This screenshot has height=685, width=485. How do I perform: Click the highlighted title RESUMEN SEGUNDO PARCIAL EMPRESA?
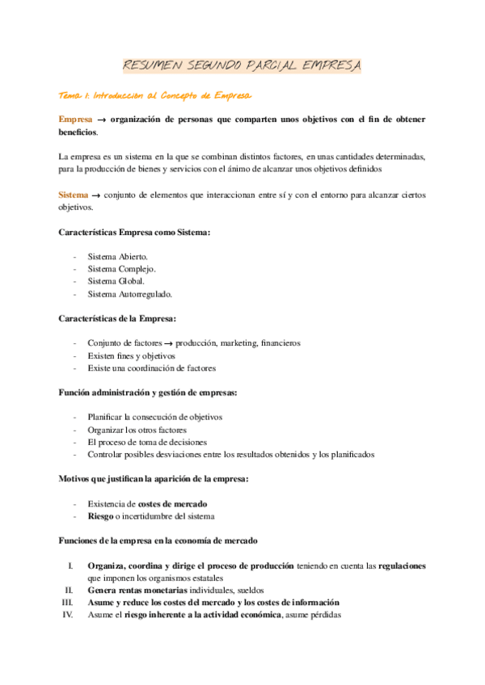point(242,65)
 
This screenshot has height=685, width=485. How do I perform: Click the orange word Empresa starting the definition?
point(75,120)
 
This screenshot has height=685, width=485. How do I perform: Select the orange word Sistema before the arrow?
point(73,195)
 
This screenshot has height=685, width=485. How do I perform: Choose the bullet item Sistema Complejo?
point(122,269)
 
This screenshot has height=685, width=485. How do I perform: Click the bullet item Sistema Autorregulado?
point(129,294)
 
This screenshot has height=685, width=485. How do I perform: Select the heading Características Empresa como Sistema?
point(135,233)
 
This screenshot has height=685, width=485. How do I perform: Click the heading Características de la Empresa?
point(118,319)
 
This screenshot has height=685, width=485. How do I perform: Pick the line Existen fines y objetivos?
point(131,355)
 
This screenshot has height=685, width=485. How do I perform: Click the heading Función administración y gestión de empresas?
point(148,393)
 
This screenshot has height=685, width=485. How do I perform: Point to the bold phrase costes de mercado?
point(173,503)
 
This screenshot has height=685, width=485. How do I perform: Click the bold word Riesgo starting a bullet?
point(102,516)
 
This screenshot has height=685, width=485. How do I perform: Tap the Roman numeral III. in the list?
point(68,603)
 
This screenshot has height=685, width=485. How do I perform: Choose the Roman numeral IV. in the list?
point(68,615)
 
